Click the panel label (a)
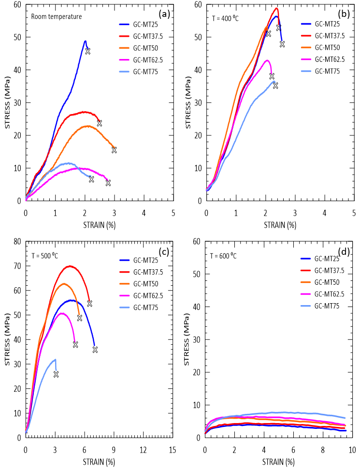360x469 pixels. (164, 14)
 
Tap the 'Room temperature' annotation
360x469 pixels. (56, 16)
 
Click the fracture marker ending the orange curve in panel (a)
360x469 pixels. (114, 150)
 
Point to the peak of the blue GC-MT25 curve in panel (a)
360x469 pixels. (85, 41)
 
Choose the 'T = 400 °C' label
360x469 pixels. (226, 18)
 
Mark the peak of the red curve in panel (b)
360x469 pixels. (276, 8)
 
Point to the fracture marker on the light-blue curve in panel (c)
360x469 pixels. (56, 374)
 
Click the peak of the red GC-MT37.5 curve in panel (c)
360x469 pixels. (70, 266)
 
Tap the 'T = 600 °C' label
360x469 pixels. (223, 255)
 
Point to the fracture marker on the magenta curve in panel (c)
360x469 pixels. (75, 344)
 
